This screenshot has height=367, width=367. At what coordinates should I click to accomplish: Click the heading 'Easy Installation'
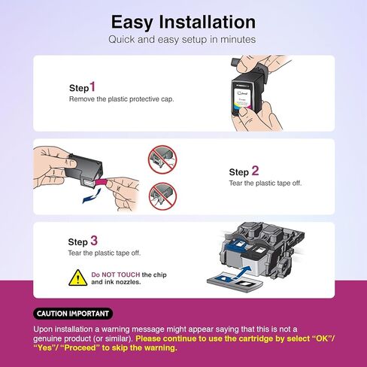(x=183, y=20)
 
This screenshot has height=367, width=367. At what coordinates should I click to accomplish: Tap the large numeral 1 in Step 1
(x=93, y=87)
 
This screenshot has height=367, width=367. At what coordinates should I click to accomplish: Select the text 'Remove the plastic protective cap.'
(x=122, y=99)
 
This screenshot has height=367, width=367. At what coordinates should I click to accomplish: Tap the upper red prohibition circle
(x=163, y=160)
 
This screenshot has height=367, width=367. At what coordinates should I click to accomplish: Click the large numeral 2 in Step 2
(x=255, y=171)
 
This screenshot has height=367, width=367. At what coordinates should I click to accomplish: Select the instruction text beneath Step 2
(x=265, y=183)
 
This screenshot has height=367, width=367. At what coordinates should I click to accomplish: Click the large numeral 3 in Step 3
(x=94, y=241)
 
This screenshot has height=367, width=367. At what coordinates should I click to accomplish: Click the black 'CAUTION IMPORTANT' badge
(x=73, y=313)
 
